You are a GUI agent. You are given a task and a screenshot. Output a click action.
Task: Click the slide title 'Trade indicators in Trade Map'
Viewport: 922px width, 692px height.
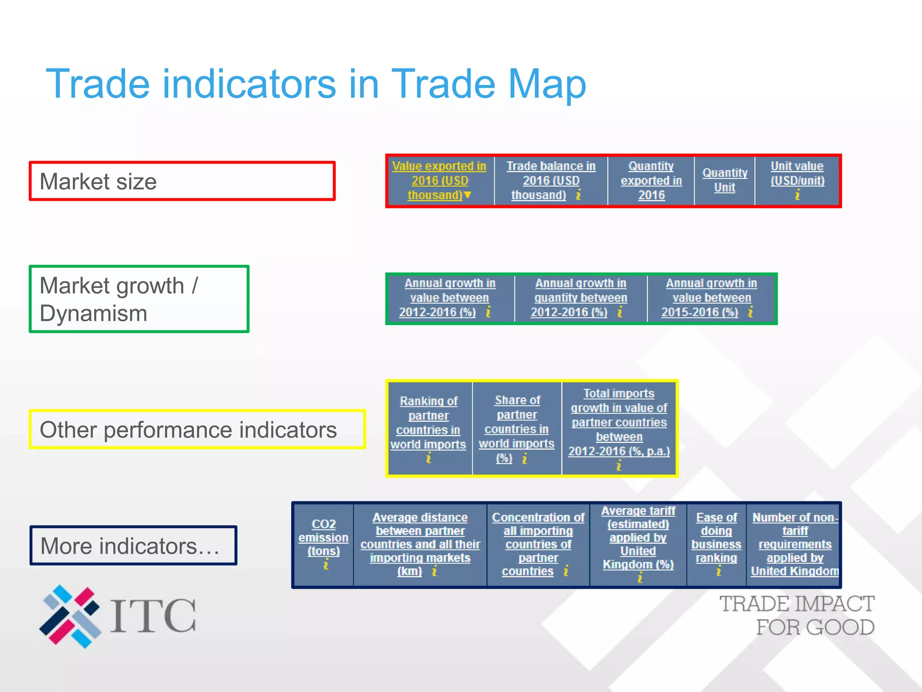point(316,84)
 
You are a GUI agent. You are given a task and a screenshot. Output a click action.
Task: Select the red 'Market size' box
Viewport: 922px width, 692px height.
point(182,181)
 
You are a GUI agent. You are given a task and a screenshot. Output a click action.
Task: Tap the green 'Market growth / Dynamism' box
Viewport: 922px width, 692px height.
point(139,299)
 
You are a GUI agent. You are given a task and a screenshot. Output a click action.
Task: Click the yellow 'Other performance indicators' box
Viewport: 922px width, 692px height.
point(197,429)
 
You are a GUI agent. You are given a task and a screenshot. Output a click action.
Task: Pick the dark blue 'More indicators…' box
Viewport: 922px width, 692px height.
point(133,546)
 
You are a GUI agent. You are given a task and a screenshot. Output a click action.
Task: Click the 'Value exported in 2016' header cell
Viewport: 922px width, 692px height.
point(439,181)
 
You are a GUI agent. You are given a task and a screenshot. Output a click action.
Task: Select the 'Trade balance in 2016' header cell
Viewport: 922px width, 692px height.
point(551,181)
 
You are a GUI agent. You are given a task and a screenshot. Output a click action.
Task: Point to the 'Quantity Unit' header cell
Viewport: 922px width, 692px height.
point(724,180)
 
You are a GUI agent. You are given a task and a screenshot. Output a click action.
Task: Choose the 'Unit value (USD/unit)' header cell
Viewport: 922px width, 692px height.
point(797,180)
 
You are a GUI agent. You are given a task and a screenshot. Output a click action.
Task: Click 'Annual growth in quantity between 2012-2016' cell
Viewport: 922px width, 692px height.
point(580,298)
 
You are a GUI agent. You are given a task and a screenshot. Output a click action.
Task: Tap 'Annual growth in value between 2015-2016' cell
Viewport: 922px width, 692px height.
point(711,298)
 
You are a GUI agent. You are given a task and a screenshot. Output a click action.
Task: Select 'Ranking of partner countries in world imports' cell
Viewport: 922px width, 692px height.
point(429,428)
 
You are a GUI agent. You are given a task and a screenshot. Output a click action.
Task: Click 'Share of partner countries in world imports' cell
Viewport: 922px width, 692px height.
point(517,428)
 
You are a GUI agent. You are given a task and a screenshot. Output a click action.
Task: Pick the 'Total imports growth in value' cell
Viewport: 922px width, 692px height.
point(619,428)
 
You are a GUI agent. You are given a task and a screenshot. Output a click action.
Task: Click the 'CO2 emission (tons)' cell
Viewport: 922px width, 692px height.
point(323,544)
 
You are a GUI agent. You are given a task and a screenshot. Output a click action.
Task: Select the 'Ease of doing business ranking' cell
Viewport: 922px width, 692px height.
point(716,544)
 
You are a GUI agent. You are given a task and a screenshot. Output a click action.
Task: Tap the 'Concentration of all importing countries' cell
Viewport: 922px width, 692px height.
point(538,544)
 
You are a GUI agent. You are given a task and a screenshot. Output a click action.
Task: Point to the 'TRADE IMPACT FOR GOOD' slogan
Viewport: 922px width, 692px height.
point(797,615)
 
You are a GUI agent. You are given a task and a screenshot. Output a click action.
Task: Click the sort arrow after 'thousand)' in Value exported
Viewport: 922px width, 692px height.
point(468,195)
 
